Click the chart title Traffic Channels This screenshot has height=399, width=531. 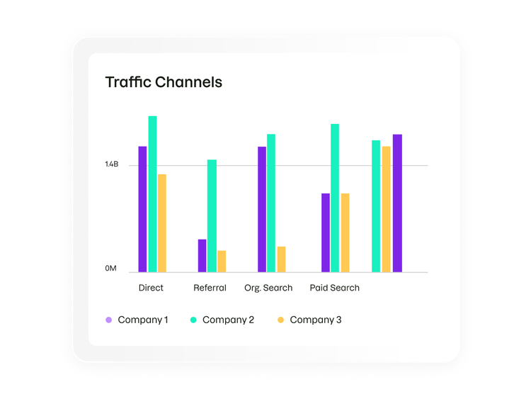(x=164, y=82)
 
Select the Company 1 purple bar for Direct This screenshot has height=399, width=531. (x=142, y=209)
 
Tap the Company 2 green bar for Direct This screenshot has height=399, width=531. (x=152, y=194)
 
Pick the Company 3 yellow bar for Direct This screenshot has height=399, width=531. (x=162, y=223)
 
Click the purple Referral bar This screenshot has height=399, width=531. (x=202, y=256)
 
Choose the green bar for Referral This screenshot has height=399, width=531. (x=212, y=216)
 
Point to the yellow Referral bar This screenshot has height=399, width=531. (x=222, y=262)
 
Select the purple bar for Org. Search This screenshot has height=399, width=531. (x=262, y=209)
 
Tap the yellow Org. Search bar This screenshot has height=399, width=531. (x=281, y=259)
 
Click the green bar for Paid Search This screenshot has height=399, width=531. (x=335, y=198)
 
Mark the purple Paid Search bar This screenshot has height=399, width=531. (x=325, y=232)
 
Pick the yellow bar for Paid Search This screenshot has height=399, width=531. (x=345, y=232)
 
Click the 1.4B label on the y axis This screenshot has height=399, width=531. (x=111, y=165)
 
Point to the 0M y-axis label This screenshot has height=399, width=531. (x=110, y=269)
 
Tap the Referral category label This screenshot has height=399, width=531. (x=210, y=288)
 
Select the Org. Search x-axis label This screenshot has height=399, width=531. (x=268, y=288)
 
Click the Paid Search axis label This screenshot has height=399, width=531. (x=335, y=288)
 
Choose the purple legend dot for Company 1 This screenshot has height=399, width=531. (x=108, y=320)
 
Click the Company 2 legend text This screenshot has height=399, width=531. (x=228, y=320)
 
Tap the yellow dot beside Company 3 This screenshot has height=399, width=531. (x=280, y=320)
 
